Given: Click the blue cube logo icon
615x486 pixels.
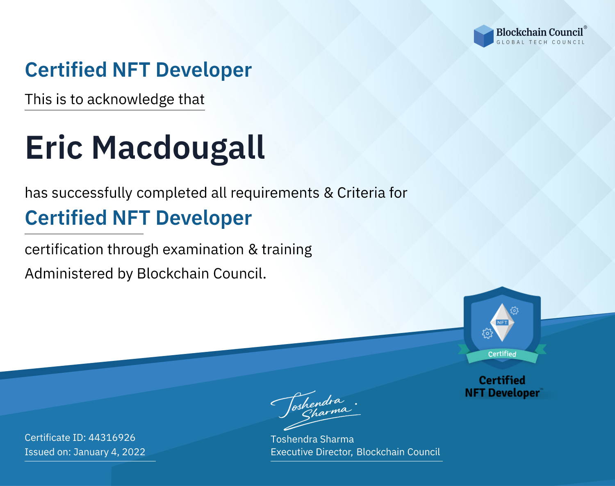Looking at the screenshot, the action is [x=483, y=36].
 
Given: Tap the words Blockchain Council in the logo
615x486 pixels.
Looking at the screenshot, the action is [x=540, y=32].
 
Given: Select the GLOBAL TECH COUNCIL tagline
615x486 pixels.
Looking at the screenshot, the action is [x=540, y=42].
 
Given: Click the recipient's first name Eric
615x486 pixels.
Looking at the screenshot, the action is [x=54, y=148].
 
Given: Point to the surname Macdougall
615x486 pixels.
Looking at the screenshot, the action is [x=178, y=149].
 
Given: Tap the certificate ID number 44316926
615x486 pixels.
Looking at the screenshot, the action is [x=112, y=437].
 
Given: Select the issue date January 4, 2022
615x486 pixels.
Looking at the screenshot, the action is [x=109, y=452].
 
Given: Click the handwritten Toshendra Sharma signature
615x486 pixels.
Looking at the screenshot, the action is [x=315, y=410].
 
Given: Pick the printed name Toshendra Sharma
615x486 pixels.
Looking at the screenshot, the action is [x=312, y=439].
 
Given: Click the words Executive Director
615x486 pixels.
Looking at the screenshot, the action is [x=311, y=452].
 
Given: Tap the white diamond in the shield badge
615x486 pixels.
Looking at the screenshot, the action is [x=502, y=322].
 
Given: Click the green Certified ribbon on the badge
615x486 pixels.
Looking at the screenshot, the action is [x=502, y=354].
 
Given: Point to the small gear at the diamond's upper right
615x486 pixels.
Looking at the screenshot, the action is [x=515, y=310].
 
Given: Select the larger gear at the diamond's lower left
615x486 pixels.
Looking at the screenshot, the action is [x=487, y=333].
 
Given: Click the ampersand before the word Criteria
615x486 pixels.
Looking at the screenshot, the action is [x=328, y=193].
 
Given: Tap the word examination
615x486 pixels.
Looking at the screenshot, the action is [x=203, y=250].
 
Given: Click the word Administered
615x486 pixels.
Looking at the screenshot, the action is [x=69, y=274].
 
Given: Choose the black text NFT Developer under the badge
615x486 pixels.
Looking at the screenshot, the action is [x=502, y=393].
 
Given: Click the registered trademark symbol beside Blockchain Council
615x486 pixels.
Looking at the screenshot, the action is [x=585, y=27].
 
